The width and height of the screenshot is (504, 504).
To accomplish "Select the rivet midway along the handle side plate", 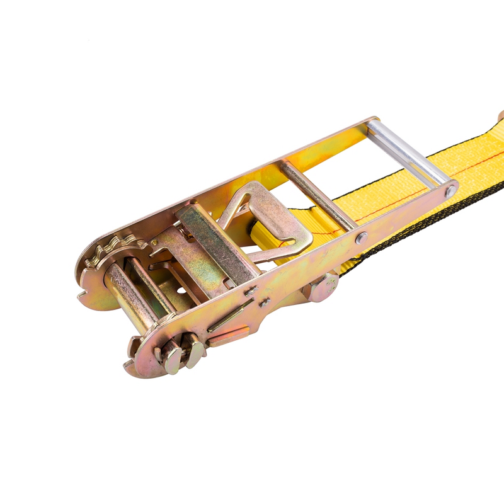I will pos(361,238).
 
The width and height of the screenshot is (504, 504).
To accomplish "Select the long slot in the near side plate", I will pos(230,316).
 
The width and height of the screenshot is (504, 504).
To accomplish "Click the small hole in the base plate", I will pos(183,291).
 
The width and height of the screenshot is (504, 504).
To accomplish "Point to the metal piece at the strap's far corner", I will pos(500,117).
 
